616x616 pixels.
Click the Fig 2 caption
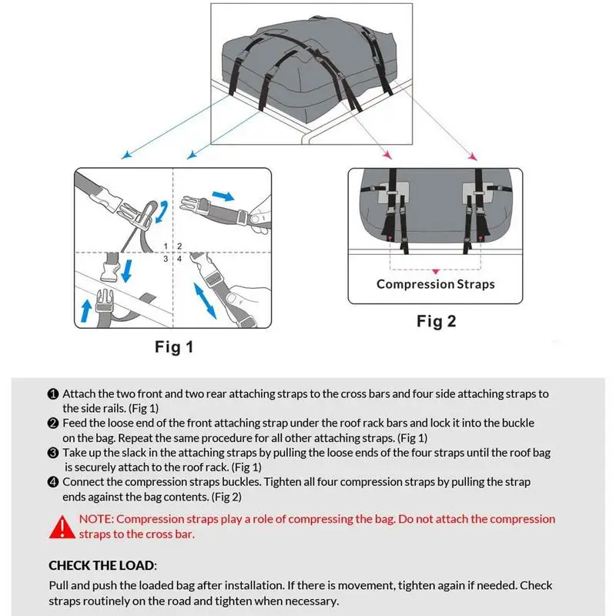tap(436, 321)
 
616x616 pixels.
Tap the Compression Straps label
tap(435, 284)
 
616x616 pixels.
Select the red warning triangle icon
tap(61, 527)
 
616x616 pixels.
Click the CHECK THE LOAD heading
tap(102, 565)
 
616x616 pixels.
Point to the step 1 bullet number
tap(53, 393)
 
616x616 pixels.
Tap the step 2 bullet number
tap(53, 423)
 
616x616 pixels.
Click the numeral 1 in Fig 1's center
tap(166, 246)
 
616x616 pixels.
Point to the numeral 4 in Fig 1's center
tap(179, 259)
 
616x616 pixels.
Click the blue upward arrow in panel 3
tap(87, 310)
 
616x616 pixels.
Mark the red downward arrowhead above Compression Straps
tap(436, 271)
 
